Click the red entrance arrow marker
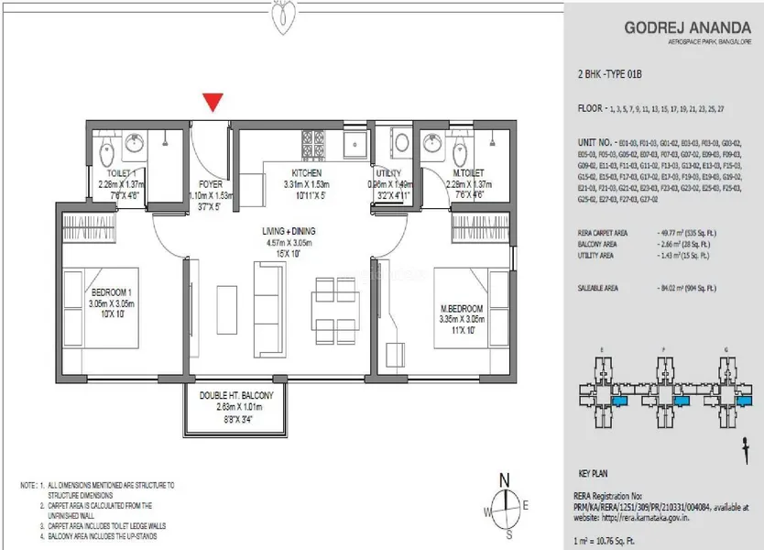(x=213, y=102)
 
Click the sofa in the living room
(x=267, y=302)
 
